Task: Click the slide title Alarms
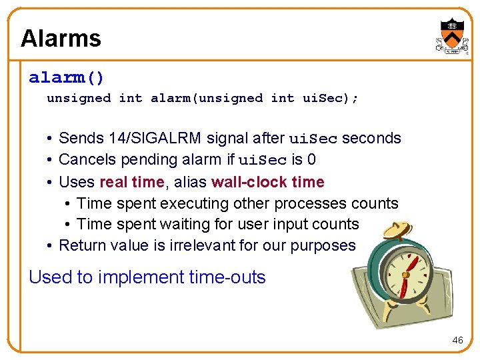61,38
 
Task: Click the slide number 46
457,340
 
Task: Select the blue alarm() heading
67,78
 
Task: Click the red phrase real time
131,182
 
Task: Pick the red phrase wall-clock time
267,182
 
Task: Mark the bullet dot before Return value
51,246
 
